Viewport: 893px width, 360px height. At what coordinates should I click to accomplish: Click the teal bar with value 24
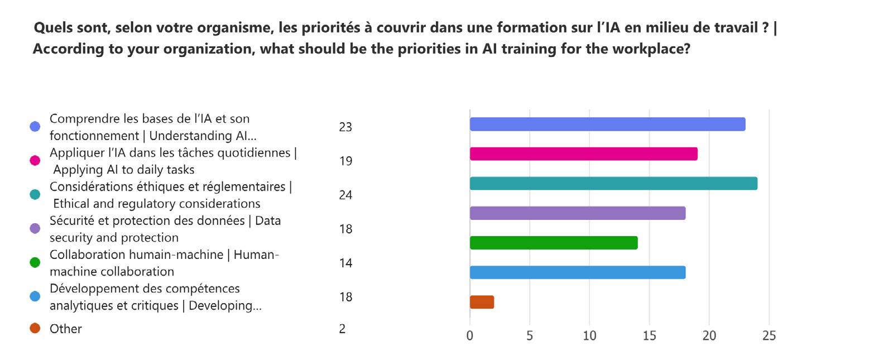coord(613,183)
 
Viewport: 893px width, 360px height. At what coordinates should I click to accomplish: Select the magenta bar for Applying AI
coord(583,153)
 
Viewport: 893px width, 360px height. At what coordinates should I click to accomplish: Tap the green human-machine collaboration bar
coord(553,243)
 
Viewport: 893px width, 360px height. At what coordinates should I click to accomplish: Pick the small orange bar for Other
coord(482,302)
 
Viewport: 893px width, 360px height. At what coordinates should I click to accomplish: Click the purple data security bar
coord(577,213)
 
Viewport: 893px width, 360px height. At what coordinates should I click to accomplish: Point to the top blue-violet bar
coord(607,124)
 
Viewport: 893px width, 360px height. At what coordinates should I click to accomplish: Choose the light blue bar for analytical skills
coord(577,272)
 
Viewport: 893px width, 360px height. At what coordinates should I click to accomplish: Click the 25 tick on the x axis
coord(769,335)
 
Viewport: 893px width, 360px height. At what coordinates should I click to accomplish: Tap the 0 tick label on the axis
coord(469,335)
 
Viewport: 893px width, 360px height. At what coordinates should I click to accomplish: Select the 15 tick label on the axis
coord(649,335)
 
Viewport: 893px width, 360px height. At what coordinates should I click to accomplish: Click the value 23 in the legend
coord(345,127)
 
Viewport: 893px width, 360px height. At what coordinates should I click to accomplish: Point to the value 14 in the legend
coord(345,263)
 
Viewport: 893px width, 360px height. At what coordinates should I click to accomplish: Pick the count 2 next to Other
coord(342,329)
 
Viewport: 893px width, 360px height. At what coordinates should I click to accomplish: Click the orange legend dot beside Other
coord(35,328)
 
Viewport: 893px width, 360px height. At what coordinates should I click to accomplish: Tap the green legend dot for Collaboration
coord(35,262)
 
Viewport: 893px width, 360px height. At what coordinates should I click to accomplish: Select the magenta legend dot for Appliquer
coord(35,161)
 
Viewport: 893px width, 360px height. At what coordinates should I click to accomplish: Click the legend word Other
coord(66,329)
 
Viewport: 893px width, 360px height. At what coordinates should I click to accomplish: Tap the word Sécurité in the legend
coord(72,220)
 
